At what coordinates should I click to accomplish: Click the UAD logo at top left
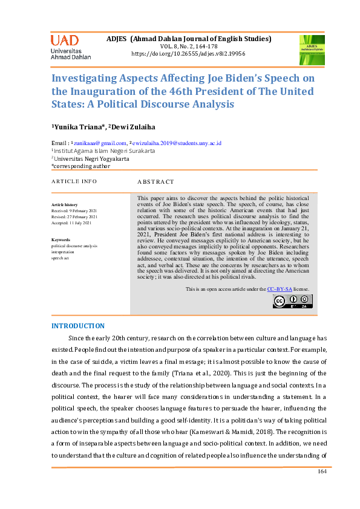pos(70,47)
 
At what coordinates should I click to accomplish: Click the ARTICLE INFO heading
pos(74,181)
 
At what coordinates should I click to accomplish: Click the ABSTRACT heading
pos(155,181)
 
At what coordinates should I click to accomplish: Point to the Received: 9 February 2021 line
pos(74,211)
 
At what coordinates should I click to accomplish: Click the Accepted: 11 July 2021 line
pos(71,222)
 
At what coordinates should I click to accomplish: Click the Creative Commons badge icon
pos(291,300)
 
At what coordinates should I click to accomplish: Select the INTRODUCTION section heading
pos(79,326)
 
